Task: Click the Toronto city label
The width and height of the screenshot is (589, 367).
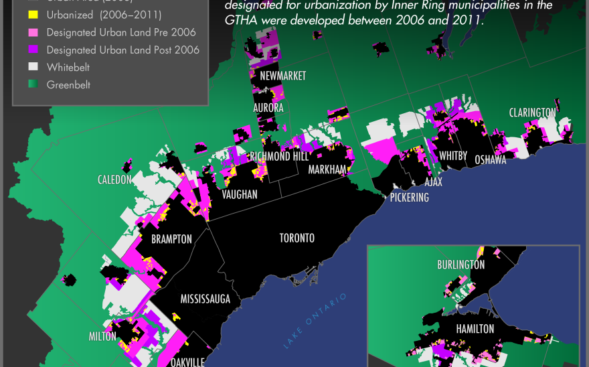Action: (x=297, y=238)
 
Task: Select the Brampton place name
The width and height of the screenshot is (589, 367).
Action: (x=171, y=239)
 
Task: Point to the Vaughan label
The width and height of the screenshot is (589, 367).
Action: (x=240, y=194)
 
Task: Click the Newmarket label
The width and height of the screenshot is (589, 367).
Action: (x=282, y=76)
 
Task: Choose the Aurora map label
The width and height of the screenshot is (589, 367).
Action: (x=268, y=107)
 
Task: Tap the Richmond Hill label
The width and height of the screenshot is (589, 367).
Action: (x=279, y=156)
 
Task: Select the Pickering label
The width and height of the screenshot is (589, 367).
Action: (x=410, y=198)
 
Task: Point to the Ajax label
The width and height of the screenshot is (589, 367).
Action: (x=434, y=181)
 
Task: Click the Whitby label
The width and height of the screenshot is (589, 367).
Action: (x=453, y=156)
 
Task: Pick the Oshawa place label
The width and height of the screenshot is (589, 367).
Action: (x=490, y=160)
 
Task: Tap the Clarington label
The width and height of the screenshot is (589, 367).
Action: (x=532, y=112)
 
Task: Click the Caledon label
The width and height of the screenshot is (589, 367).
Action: (x=114, y=179)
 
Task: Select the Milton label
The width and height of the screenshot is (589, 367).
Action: (x=102, y=336)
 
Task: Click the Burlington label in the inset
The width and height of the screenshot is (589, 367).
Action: (x=460, y=265)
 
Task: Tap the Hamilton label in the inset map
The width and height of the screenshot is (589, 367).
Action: (x=475, y=329)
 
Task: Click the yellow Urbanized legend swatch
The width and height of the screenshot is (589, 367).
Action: (x=32, y=15)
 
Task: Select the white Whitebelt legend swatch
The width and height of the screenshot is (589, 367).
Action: (x=32, y=67)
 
